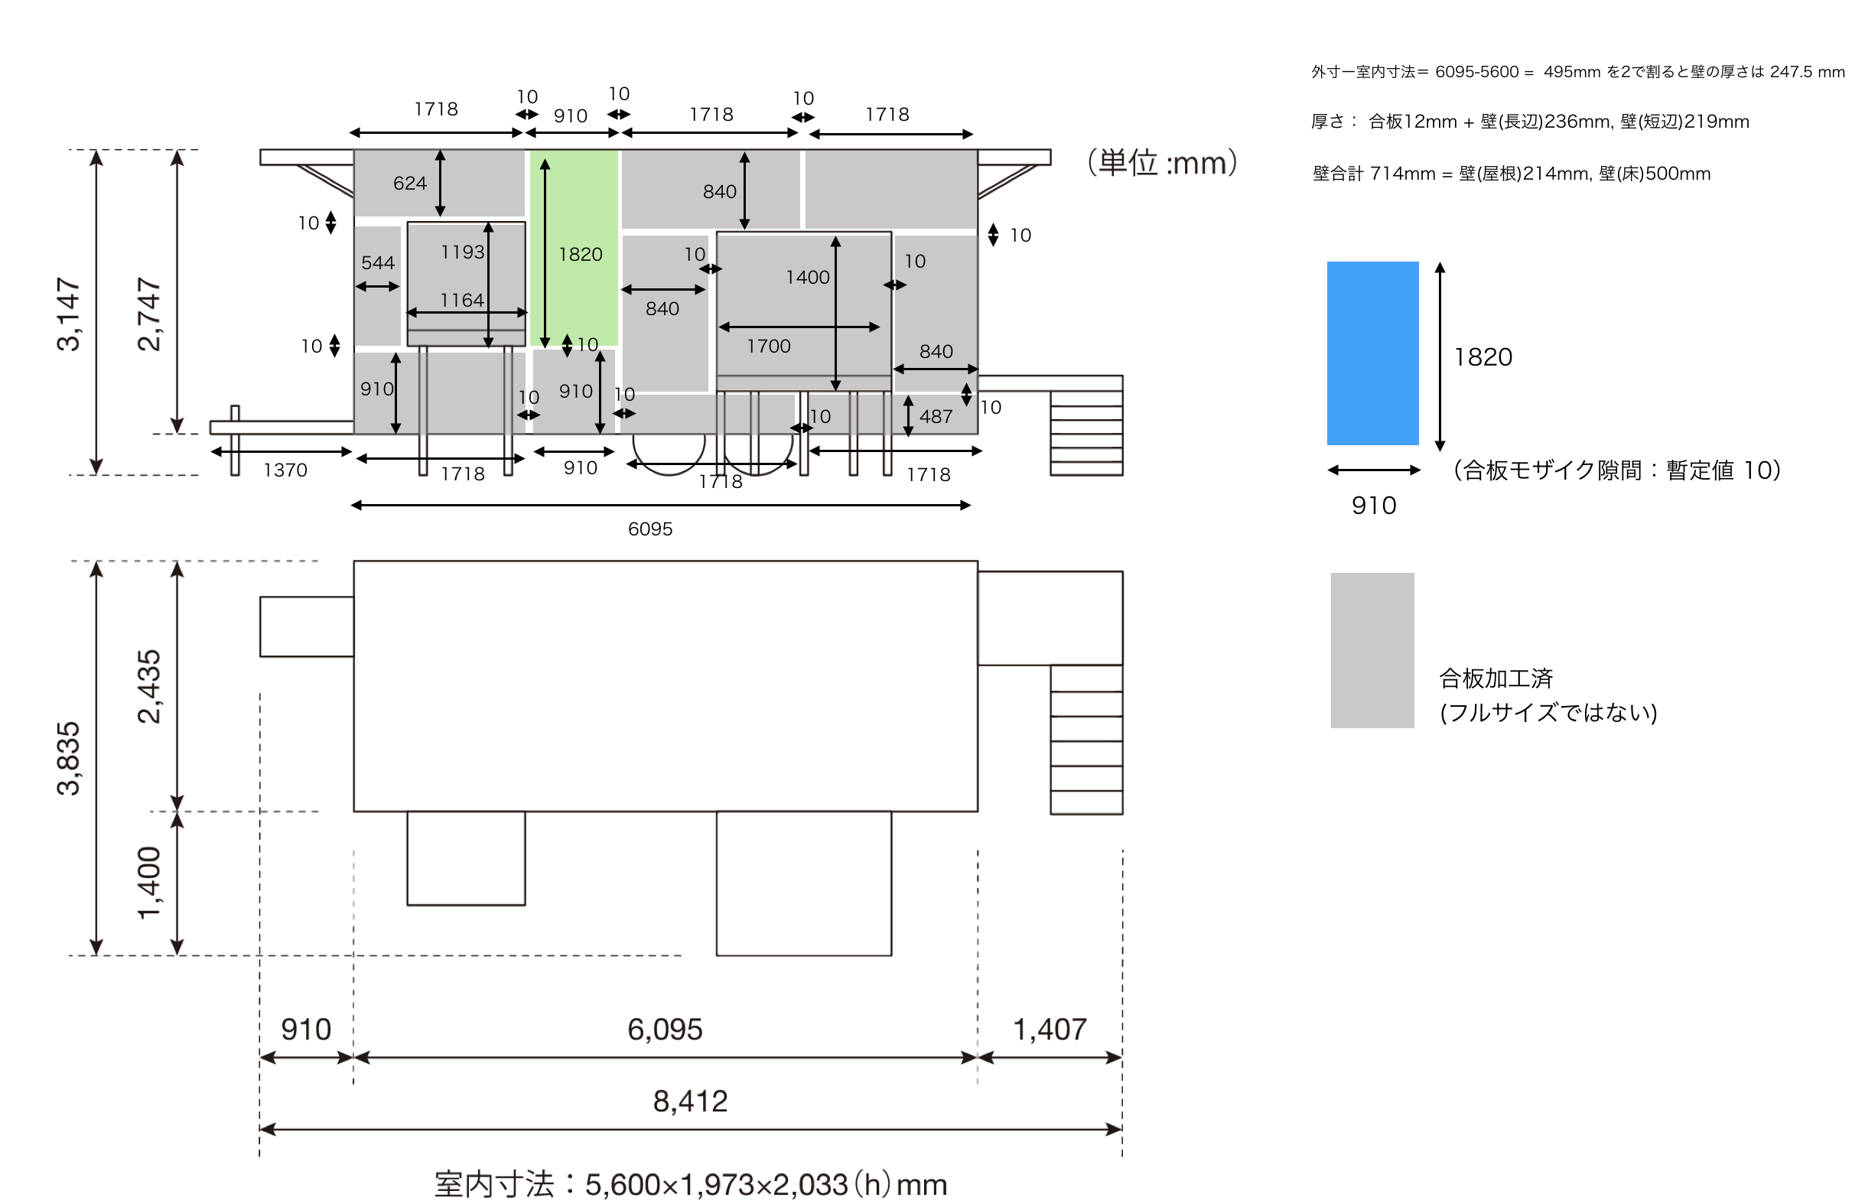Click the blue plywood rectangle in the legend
click(1372, 353)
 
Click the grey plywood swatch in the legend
click(1372, 650)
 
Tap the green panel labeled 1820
click(574, 249)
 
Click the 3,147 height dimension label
click(69, 314)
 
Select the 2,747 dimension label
click(149, 314)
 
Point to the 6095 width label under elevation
click(649, 529)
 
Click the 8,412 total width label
click(690, 1101)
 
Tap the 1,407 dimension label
click(1049, 1030)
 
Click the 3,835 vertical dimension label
click(69, 758)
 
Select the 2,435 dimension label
click(149, 686)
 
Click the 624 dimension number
click(409, 183)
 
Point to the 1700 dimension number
click(768, 347)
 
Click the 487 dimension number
click(936, 417)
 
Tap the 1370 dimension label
click(285, 470)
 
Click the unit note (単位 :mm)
click(1162, 163)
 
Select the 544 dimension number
click(378, 262)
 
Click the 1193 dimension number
click(462, 252)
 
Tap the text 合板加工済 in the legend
click(1496, 678)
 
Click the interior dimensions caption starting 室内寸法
click(690, 1184)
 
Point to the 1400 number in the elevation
click(808, 278)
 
